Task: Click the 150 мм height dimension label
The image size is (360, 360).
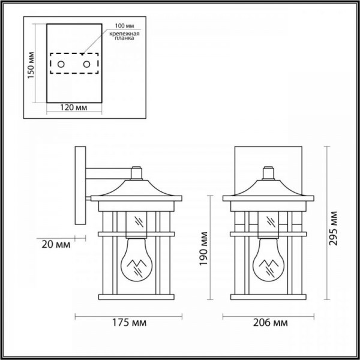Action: (x=31, y=65)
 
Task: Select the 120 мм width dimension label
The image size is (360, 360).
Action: (x=74, y=107)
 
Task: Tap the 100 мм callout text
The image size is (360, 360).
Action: (x=124, y=26)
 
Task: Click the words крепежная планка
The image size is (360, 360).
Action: (x=124, y=36)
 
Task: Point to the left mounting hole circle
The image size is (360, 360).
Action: (x=61, y=64)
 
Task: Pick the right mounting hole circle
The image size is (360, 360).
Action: (x=86, y=64)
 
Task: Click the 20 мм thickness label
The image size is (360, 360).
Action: (x=56, y=245)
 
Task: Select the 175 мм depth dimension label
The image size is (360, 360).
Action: (x=129, y=323)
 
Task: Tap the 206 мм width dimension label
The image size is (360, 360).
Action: (x=270, y=323)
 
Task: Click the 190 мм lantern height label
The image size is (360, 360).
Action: (x=203, y=248)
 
